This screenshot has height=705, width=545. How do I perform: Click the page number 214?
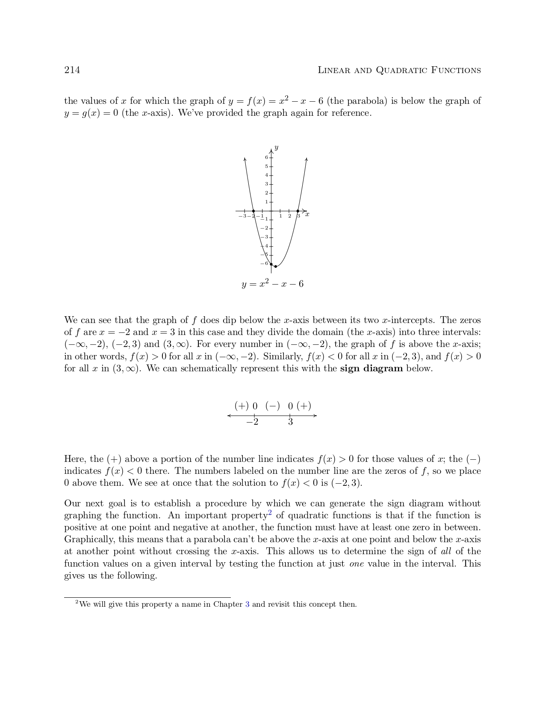[72, 70]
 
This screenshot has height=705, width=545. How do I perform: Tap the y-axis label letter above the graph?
[277, 148]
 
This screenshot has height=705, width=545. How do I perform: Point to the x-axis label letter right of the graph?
[307, 214]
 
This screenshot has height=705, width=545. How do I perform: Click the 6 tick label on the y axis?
[266, 158]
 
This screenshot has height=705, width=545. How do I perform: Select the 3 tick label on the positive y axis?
[266, 184]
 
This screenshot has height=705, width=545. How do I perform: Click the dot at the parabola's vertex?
[276, 267]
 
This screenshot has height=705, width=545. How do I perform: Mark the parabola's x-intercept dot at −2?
[253, 211]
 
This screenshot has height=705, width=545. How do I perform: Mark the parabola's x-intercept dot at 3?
[298, 211]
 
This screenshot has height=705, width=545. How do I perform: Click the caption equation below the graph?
[273, 284]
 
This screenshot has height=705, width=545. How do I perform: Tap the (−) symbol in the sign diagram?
[273, 406]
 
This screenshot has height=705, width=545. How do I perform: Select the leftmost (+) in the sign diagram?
[242, 406]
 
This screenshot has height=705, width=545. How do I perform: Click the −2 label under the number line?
[252, 422]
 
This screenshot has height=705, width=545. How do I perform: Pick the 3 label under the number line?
[290, 422]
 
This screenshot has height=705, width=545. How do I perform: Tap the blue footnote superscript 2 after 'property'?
[270, 513]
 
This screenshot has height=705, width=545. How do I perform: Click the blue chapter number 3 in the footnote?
[247, 604]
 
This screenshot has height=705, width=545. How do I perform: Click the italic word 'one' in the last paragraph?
[356, 564]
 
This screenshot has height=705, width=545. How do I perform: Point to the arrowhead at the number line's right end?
[315, 415]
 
